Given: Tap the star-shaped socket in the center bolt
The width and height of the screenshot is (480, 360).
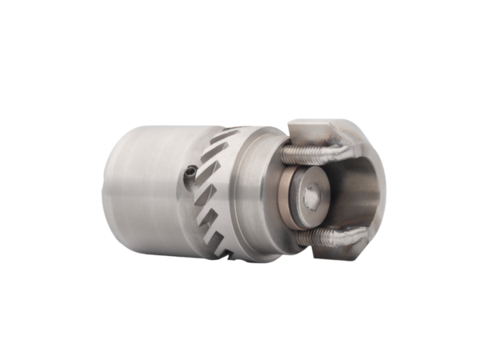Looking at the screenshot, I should [x=312, y=194].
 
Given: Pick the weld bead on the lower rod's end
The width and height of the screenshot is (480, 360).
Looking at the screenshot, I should [x=347, y=240].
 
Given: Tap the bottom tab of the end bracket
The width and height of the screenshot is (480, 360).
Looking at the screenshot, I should [x=336, y=254].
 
